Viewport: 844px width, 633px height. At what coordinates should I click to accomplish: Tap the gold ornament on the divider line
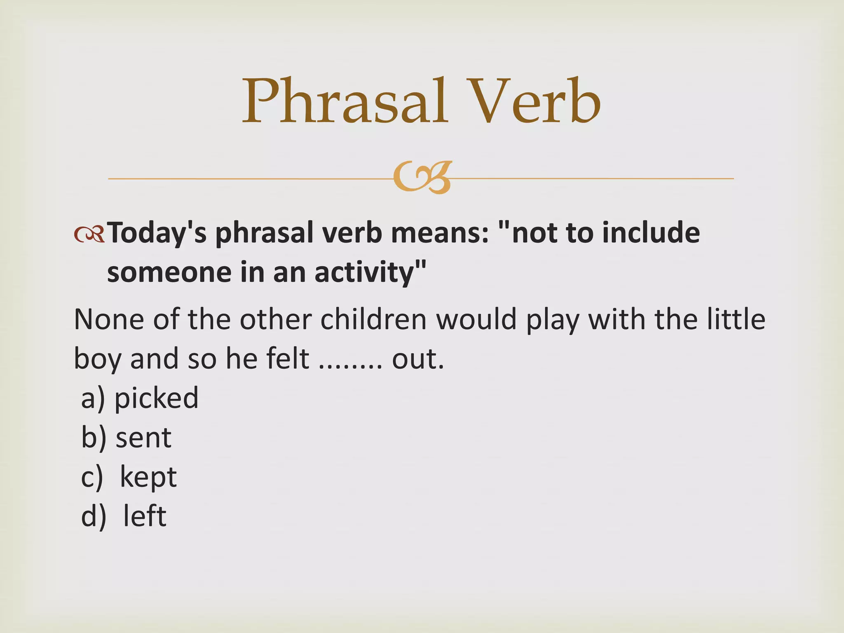[x=423, y=178]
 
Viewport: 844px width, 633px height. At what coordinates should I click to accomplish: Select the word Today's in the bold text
[x=157, y=233]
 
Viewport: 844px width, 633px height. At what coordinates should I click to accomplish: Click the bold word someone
[x=169, y=273]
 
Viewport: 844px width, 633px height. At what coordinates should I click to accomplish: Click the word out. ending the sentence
[x=417, y=359]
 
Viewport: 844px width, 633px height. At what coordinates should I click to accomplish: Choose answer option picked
[x=156, y=399]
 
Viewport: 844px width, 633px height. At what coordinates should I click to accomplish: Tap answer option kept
[x=148, y=477]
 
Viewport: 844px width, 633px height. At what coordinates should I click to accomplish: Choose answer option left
[x=145, y=516]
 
